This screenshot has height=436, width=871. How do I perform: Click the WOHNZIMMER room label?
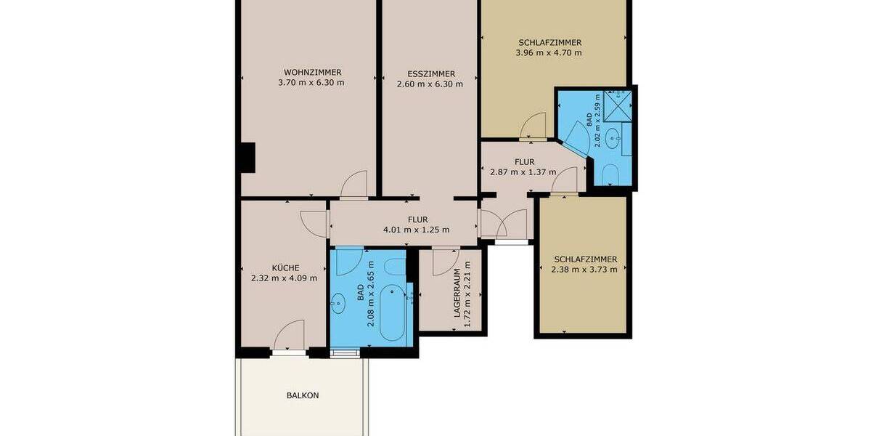[312, 72]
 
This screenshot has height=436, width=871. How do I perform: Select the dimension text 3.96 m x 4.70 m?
[549, 52]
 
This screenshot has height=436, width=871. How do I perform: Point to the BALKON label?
[303, 396]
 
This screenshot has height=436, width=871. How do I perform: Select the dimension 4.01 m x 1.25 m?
[417, 230]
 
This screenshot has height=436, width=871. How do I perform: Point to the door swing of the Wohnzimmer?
[356, 184]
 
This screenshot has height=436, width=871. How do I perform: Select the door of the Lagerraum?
[443, 262]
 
